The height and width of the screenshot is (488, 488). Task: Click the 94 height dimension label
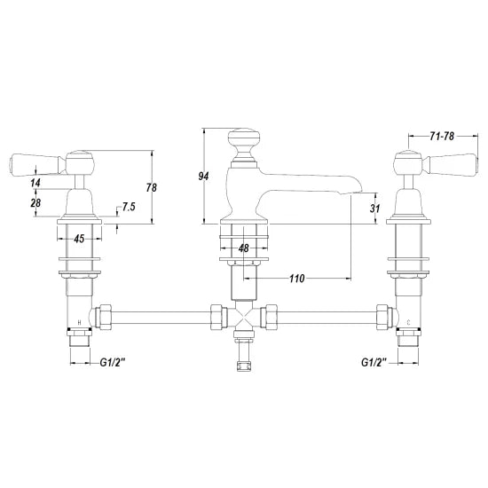pyautogui.click(x=203, y=176)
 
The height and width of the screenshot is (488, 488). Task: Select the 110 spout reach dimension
pyautogui.click(x=296, y=278)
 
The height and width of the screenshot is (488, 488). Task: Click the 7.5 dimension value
pyautogui.click(x=128, y=207)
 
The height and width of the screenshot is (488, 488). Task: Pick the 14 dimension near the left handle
pyautogui.click(x=35, y=182)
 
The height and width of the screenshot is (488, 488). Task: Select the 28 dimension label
pyautogui.click(x=35, y=204)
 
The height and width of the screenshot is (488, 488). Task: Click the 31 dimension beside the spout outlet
pyautogui.click(x=375, y=209)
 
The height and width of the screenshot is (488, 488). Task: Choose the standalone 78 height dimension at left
pyautogui.click(x=151, y=187)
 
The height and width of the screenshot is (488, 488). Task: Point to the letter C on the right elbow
pyautogui.click(x=405, y=321)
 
